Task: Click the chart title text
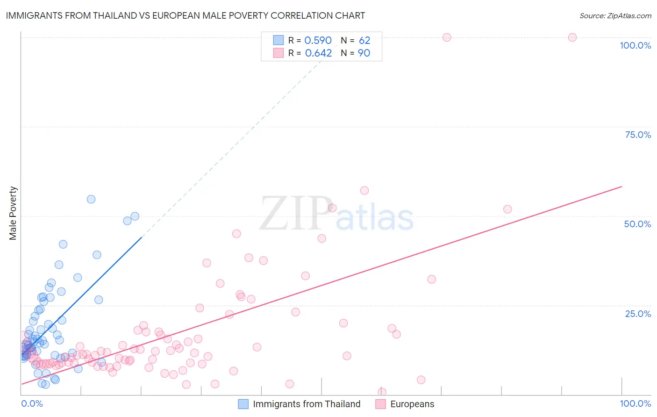(x=185, y=15)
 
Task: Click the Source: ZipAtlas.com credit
(x=615, y=15)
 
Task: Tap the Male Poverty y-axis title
(x=13, y=213)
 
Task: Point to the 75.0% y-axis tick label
(x=637, y=135)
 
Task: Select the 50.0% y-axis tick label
(x=637, y=224)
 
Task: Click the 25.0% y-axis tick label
(x=637, y=314)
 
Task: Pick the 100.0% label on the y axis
(x=635, y=45)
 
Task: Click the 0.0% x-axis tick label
(x=32, y=403)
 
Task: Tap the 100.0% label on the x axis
(x=635, y=403)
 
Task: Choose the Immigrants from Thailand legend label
(x=307, y=404)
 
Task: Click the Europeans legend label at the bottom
(x=412, y=404)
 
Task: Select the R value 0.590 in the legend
(x=318, y=41)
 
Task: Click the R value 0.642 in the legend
(x=318, y=53)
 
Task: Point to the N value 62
(x=364, y=41)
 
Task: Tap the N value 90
(x=364, y=53)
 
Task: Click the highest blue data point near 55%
(x=91, y=199)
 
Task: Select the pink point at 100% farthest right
(x=572, y=37)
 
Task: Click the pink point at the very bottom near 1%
(x=382, y=392)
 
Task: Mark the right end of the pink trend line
(x=621, y=187)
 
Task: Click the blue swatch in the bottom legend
(x=243, y=404)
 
